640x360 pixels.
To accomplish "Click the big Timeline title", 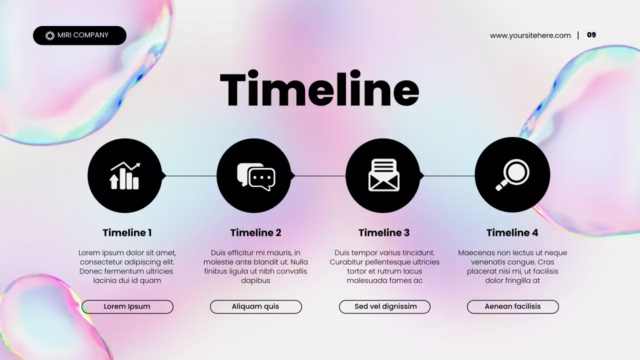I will pyautogui.click(x=319, y=89).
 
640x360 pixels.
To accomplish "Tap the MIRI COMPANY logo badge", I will pyautogui.click(x=79, y=35).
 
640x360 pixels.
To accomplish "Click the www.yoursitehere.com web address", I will pyautogui.click(x=530, y=35).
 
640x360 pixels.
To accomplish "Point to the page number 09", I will pyautogui.click(x=591, y=35).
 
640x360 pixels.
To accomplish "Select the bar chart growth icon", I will pyautogui.click(x=124, y=175).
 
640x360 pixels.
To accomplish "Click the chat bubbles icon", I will pyautogui.click(x=255, y=176).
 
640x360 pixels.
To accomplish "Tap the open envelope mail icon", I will pyautogui.click(x=383, y=175).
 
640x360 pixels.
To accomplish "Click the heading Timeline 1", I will pyautogui.click(x=127, y=232).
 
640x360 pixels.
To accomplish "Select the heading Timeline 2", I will pyautogui.click(x=255, y=232).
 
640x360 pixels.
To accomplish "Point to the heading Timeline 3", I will pyautogui.click(x=383, y=232).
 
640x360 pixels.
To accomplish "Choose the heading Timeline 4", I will pyautogui.click(x=512, y=232).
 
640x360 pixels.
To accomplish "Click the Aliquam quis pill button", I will pyautogui.click(x=255, y=306).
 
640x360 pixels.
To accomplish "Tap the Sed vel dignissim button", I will pyautogui.click(x=385, y=306).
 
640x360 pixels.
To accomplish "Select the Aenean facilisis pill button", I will pyautogui.click(x=512, y=306).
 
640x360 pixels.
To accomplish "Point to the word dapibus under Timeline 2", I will pyautogui.click(x=255, y=280).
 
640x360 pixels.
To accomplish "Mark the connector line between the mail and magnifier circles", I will pyautogui.click(x=449, y=176).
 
